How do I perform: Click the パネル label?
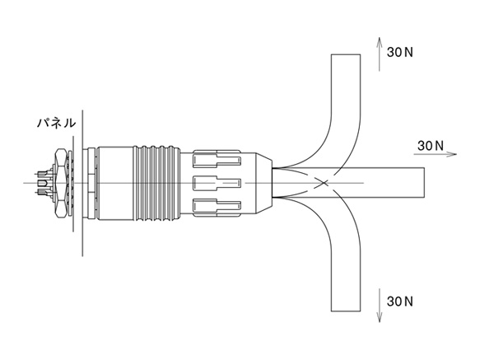[x=56, y=123]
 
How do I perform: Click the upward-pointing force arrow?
[x=380, y=54]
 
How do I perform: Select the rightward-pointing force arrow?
[x=435, y=154]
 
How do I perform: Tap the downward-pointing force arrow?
[x=380, y=305]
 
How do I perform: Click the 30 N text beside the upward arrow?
[x=400, y=52]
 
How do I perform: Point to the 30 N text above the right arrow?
[x=431, y=146]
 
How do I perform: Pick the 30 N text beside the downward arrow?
[x=400, y=302]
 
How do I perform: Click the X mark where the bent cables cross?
[x=324, y=183]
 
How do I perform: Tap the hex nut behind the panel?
[x=61, y=183]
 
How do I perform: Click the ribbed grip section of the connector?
[x=156, y=183]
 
